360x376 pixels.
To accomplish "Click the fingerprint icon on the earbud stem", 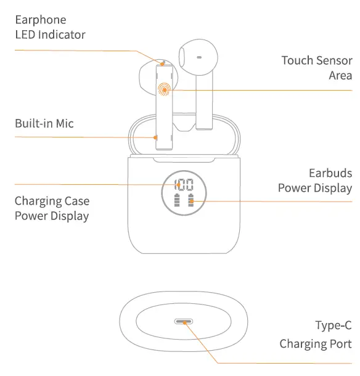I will [x=164, y=90].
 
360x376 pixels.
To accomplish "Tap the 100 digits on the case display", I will [x=184, y=184].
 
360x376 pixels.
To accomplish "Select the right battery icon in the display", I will [x=191, y=202].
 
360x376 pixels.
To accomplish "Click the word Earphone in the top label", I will [x=40, y=20].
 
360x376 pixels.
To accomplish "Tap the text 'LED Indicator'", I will [x=50, y=35].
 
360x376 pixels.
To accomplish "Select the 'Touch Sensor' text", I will [x=317, y=60].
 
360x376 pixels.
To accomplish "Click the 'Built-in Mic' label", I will [x=44, y=124].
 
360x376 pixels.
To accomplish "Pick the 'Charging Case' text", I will [x=52, y=201].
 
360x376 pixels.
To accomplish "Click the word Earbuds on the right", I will [x=330, y=173].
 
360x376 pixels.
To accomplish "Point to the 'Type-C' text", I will [x=333, y=325].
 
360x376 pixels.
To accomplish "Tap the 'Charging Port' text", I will [x=316, y=343].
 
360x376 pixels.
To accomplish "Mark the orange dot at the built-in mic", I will [x=156, y=137].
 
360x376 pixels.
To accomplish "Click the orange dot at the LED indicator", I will [x=163, y=63].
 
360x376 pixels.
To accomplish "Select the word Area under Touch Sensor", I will [x=340, y=75].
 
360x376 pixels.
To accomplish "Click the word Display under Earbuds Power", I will [x=333, y=188].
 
